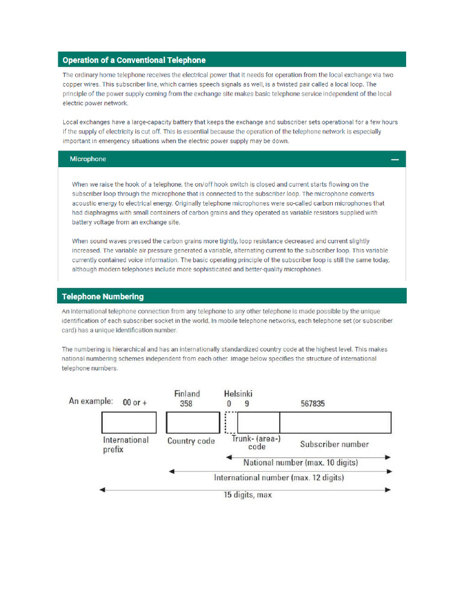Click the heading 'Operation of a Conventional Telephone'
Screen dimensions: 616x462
click(x=134, y=60)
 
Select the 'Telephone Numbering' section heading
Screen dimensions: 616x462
click(x=103, y=297)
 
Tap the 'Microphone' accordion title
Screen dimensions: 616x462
click(x=88, y=159)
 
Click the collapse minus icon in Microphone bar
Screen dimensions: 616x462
click(x=395, y=160)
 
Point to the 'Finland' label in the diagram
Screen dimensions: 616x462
click(x=186, y=393)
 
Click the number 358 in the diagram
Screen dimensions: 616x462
click(x=186, y=404)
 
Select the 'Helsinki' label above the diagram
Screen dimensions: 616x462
click(x=238, y=393)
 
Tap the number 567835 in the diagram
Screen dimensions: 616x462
click(x=313, y=404)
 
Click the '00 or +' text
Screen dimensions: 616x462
click(x=135, y=402)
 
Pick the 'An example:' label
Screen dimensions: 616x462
click(x=90, y=401)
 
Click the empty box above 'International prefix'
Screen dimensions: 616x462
click(x=129, y=423)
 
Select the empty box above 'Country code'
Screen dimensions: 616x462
click(x=193, y=423)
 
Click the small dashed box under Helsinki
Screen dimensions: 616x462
click(x=231, y=423)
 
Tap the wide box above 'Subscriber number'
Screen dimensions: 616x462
click(x=335, y=423)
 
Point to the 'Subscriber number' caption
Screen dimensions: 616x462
click(x=334, y=445)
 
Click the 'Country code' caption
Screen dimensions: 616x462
click(x=191, y=441)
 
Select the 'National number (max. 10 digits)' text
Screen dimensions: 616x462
click(x=300, y=463)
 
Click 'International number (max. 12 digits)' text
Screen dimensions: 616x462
click(x=279, y=478)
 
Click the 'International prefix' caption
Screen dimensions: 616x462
click(x=126, y=445)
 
